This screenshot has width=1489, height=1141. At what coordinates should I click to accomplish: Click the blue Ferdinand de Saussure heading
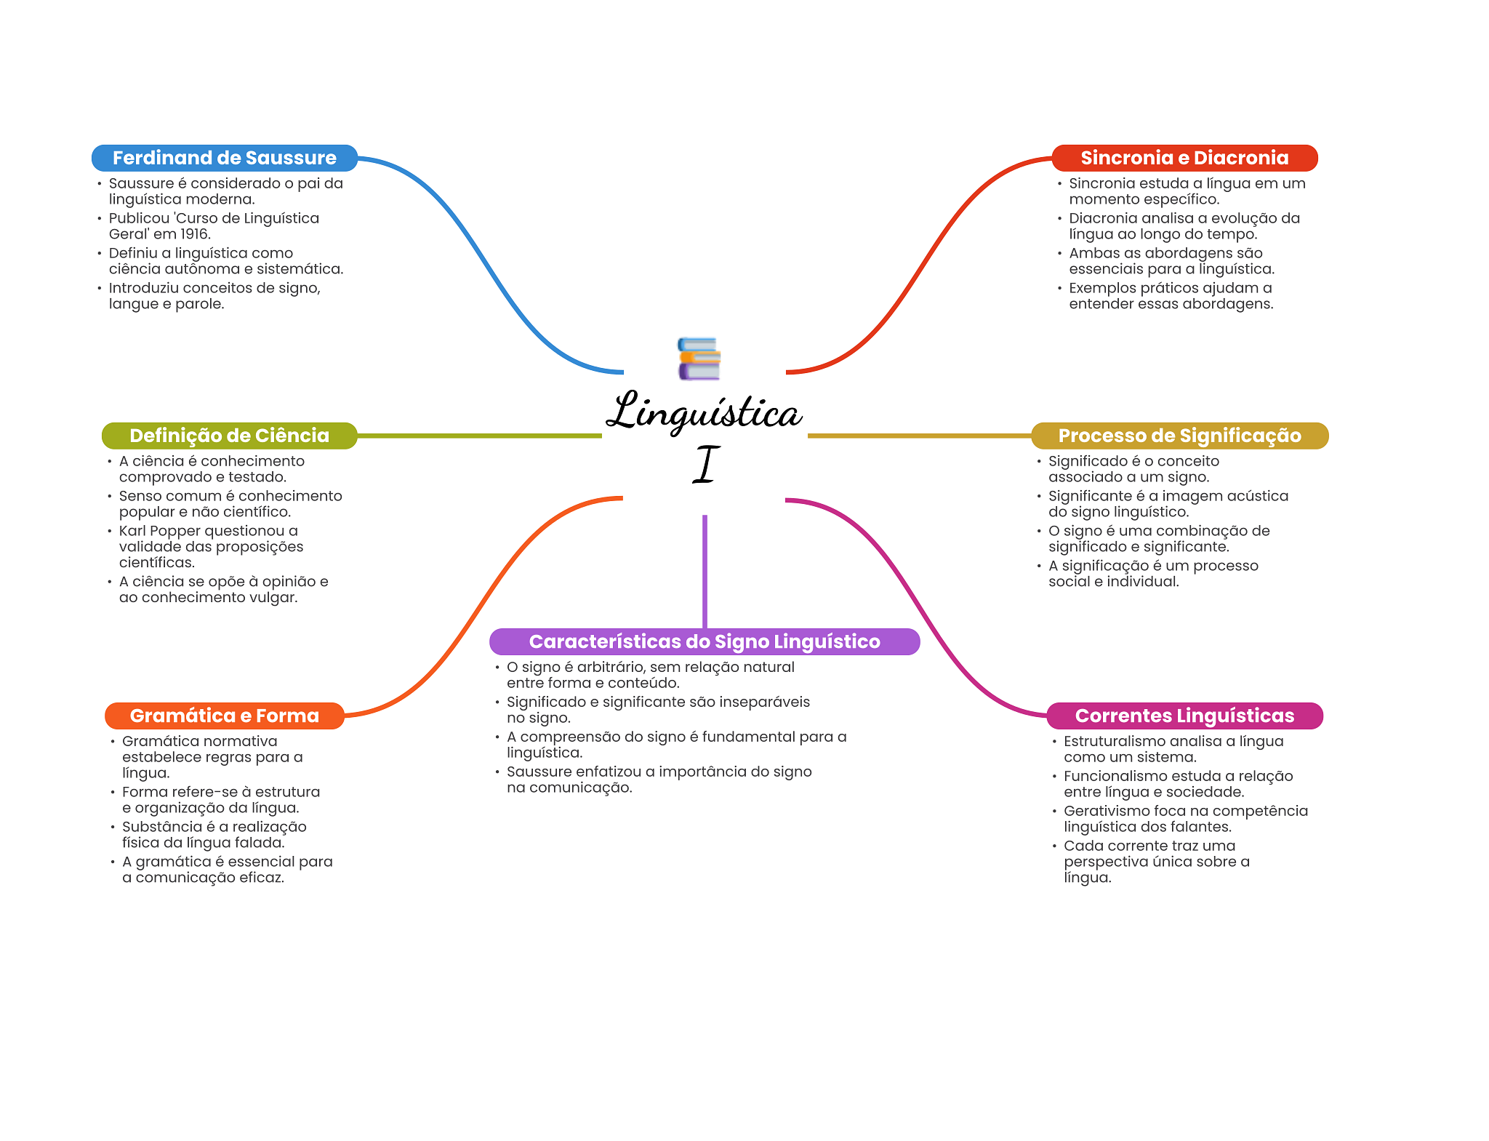tap(225, 158)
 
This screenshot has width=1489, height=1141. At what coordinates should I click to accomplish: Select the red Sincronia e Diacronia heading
tap(1184, 158)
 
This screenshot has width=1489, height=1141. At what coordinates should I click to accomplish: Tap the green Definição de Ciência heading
tap(230, 436)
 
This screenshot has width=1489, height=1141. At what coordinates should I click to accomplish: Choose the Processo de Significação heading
tap(1180, 436)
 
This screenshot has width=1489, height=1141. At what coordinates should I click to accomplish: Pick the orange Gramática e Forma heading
tap(225, 716)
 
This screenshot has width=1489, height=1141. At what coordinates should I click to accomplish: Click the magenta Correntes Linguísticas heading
tap(1185, 716)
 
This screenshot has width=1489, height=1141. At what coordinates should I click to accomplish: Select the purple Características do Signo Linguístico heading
tap(705, 641)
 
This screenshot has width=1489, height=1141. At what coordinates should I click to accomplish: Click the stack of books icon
tap(699, 359)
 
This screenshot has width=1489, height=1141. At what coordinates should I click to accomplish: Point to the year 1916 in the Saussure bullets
tap(195, 234)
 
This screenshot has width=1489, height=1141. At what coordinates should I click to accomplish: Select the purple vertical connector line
tap(705, 572)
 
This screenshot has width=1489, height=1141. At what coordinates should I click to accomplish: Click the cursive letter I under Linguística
tap(705, 464)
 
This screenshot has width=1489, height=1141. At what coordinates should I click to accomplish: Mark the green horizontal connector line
tap(480, 436)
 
